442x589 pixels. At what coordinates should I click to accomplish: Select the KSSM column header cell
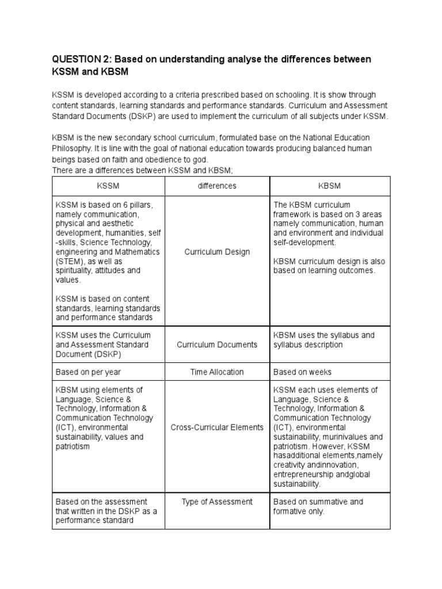(108, 186)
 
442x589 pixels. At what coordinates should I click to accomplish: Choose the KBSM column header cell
(330, 186)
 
